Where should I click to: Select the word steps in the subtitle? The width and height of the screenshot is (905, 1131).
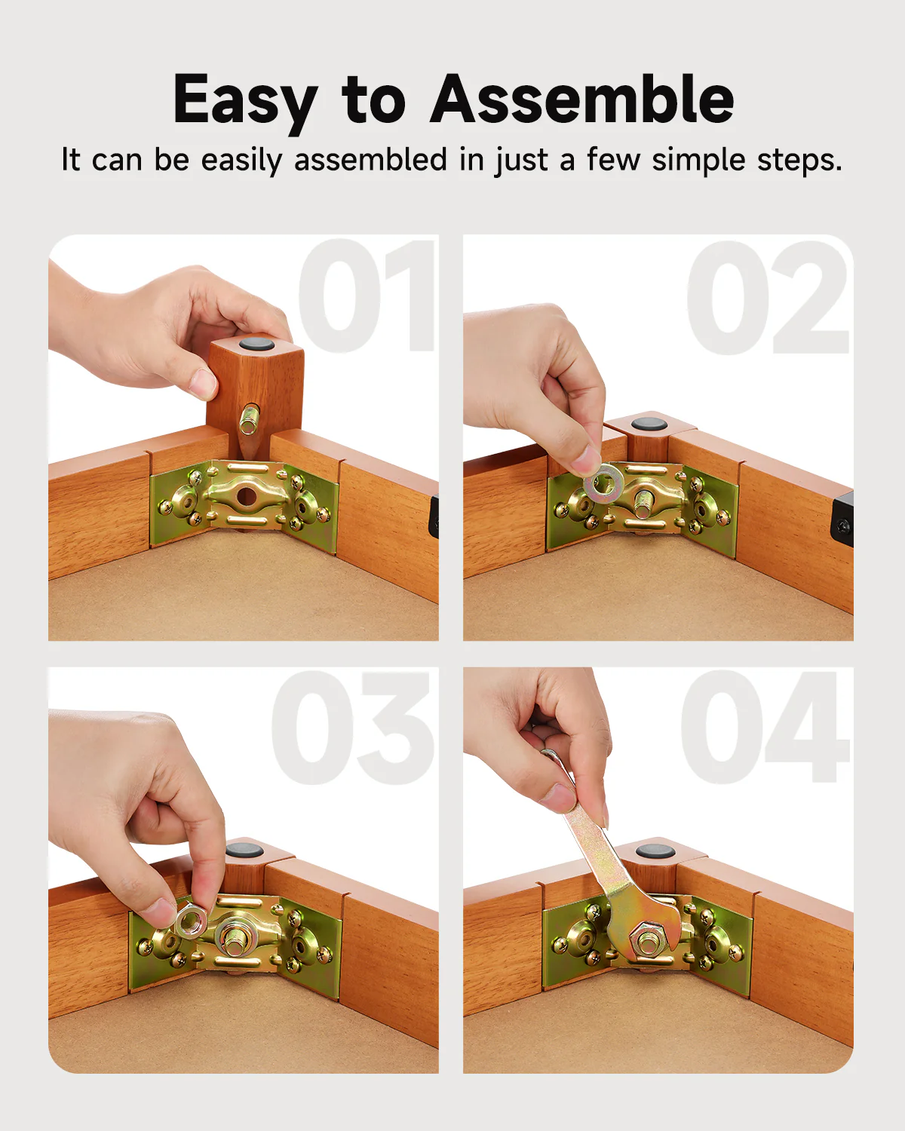click(x=799, y=160)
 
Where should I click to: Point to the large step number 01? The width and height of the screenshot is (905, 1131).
click(x=367, y=296)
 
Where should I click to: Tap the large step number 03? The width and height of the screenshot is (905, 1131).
click(x=351, y=728)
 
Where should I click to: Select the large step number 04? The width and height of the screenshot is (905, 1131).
click(x=765, y=728)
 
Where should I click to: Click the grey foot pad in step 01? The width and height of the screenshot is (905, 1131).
click(x=256, y=345)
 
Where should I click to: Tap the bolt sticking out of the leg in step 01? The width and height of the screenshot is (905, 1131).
click(x=247, y=420)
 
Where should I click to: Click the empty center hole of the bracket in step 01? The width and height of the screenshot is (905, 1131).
click(x=246, y=495)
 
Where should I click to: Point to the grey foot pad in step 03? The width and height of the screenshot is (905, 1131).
click(x=244, y=849)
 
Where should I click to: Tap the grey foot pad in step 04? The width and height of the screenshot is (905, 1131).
click(x=655, y=851)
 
